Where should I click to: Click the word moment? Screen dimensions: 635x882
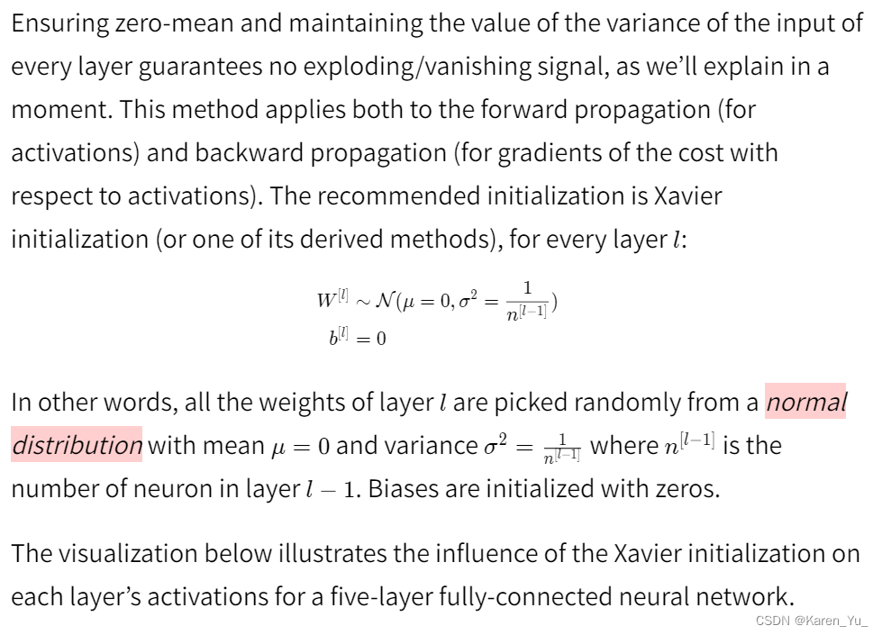59,111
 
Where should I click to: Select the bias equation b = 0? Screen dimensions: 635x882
358,340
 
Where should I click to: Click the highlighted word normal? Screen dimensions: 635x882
806,402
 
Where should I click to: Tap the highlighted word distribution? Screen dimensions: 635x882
77,445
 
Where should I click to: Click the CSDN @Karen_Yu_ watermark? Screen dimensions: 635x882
812,621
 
